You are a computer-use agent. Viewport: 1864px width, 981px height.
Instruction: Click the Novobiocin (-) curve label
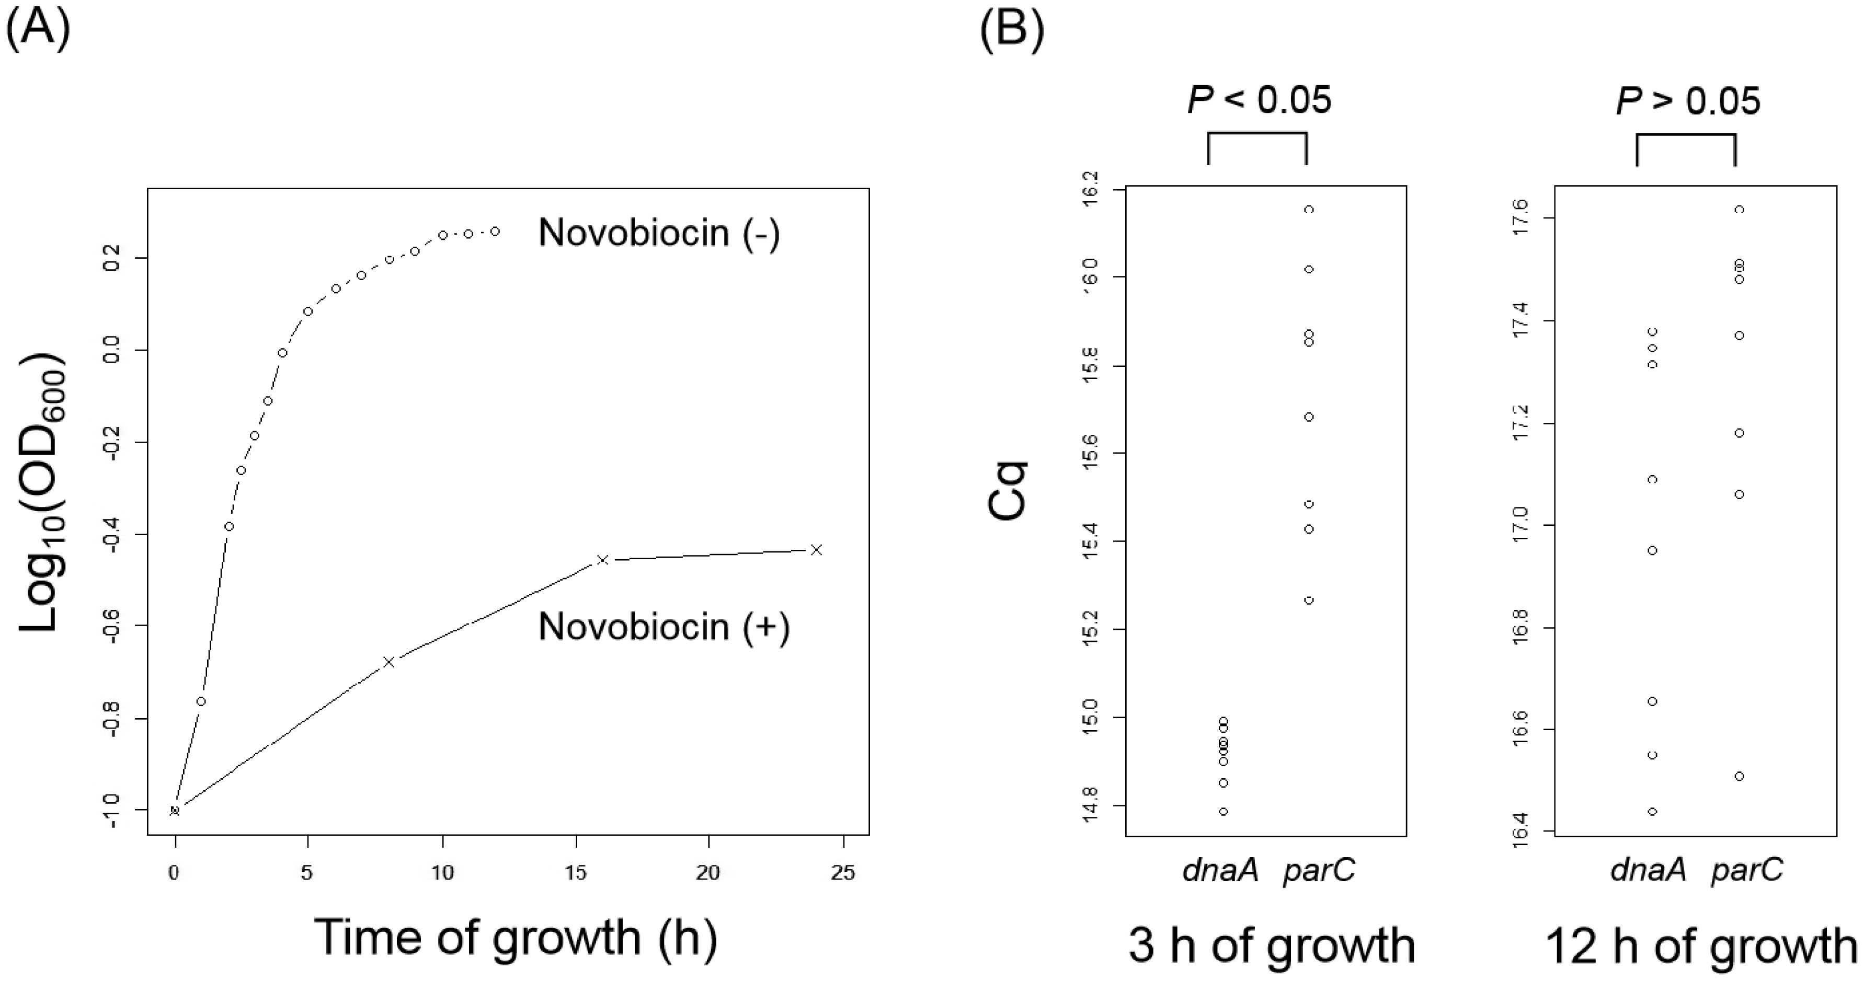[658, 234]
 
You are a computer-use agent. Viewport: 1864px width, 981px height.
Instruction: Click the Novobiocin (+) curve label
[664, 627]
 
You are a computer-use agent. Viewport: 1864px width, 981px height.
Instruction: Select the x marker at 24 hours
[816, 550]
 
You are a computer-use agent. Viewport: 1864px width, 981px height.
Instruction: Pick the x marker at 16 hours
[602, 560]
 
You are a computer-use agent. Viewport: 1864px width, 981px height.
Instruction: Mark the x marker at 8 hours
[388, 661]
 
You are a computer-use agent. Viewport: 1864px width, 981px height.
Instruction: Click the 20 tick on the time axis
[708, 872]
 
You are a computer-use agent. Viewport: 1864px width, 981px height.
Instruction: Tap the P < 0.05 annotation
[1259, 100]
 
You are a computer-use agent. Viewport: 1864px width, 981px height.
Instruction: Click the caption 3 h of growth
[1272, 945]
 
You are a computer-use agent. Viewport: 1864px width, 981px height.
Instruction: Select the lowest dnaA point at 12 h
[1652, 812]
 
